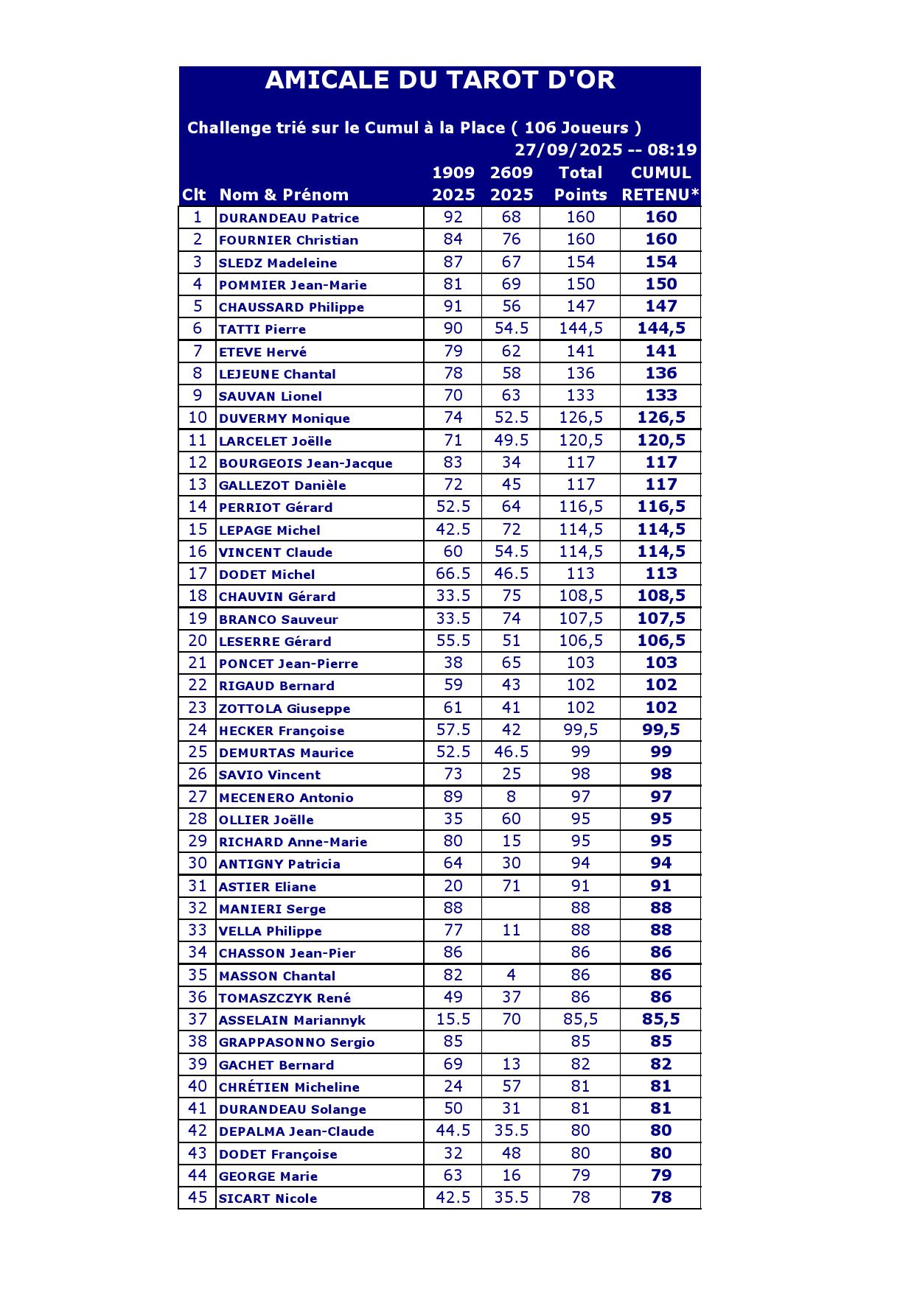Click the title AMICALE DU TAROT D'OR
tap(439, 80)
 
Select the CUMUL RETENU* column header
tap(660, 183)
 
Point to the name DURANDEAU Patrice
tap(289, 218)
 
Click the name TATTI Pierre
tap(262, 329)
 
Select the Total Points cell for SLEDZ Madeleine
tap(580, 262)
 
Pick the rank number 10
tap(198, 418)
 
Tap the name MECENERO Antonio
tap(286, 798)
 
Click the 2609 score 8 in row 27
tap(511, 796)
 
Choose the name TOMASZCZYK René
tap(285, 998)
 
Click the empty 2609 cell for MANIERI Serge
tap(511, 908)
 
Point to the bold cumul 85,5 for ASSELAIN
tap(660, 1019)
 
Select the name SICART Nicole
tap(268, 1198)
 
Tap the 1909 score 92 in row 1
tap(453, 217)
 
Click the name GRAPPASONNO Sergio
tap(296, 1042)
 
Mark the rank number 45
tap(198, 1198)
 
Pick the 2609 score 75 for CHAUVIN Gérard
tap(511, 596)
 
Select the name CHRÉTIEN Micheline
tap(289, 1087)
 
